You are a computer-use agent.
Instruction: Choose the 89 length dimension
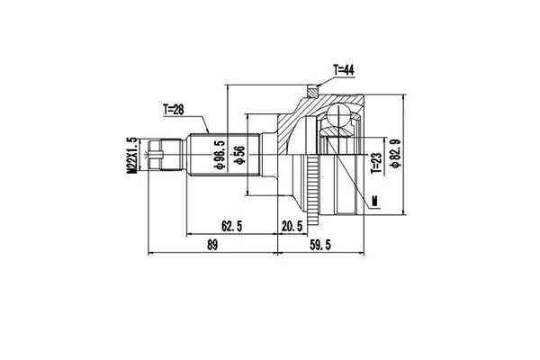coord(212,244)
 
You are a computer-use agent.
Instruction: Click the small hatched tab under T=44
coord(311,89)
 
